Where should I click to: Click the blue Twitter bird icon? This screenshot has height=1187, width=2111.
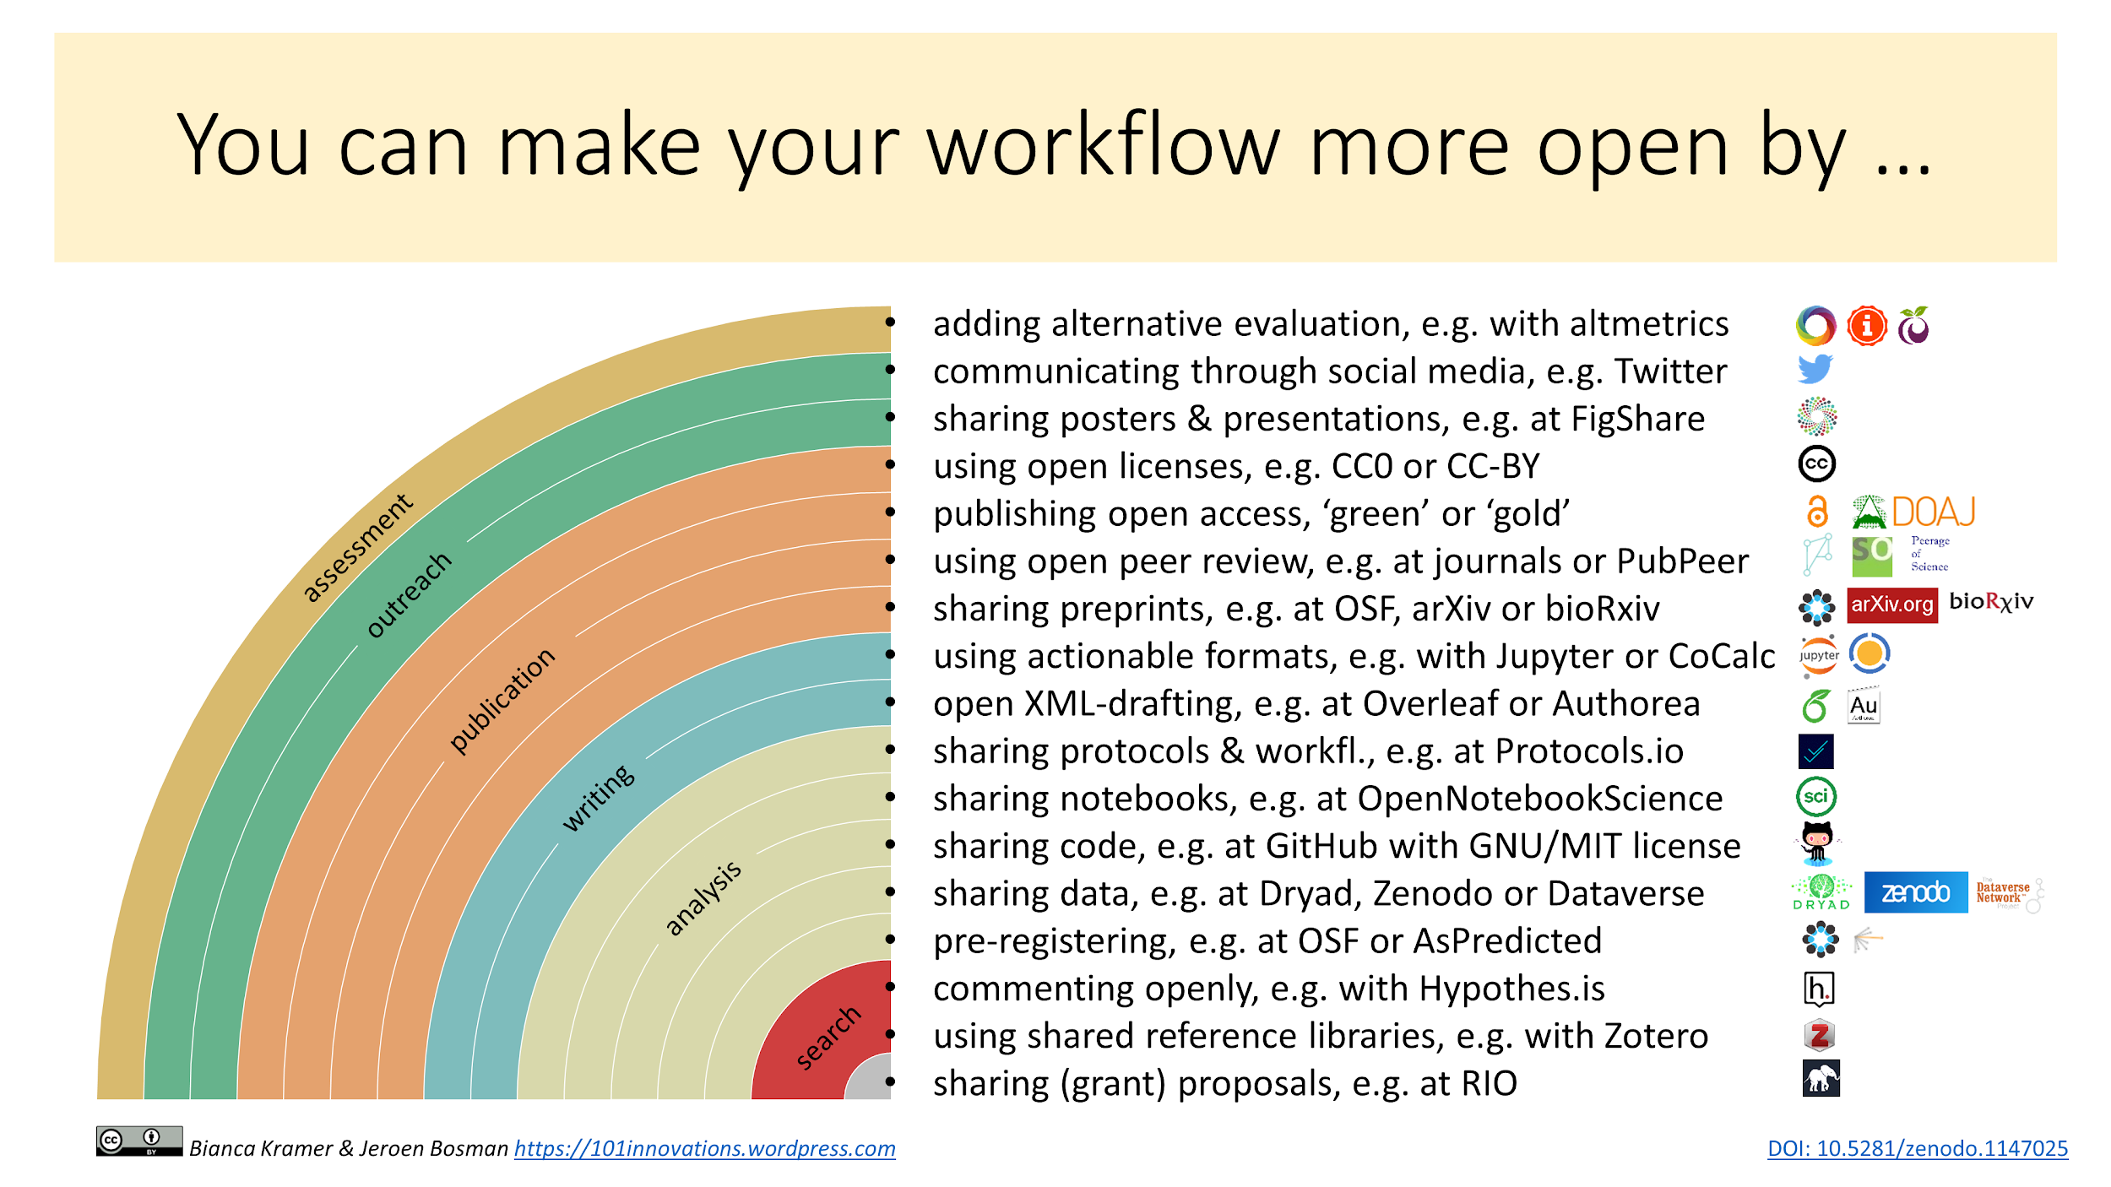pos(1815,368)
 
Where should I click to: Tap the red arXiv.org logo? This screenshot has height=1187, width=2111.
pos(1892,604)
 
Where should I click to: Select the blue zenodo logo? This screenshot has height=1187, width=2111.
pos(1916,892)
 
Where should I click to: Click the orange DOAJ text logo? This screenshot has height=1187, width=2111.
pos(1934,512)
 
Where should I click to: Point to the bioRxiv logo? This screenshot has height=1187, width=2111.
pos(1991,601)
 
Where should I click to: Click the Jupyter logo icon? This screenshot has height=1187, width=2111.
pos(1819,655)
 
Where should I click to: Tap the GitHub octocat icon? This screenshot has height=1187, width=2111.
pos(1818,843)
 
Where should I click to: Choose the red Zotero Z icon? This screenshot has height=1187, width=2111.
pos(1820,1035)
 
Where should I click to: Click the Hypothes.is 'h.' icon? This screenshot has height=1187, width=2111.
pos(1819,989)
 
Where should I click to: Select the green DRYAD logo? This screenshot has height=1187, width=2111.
pos(1821,892)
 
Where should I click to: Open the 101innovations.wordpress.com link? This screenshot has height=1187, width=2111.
pos(705,1149)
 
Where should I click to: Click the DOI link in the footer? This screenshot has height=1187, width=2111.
pos(1918,1149)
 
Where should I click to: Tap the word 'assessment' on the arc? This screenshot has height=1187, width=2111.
pos(358,548)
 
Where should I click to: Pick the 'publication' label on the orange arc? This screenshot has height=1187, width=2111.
pos(502,700)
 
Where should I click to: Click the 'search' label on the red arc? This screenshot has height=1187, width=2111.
pos(828,1038)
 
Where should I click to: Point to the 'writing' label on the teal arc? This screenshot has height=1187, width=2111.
pos(599,798)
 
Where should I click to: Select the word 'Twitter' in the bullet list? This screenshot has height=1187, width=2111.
pos(1671,371)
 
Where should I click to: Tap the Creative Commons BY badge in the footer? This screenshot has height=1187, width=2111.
pos(139,1141)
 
